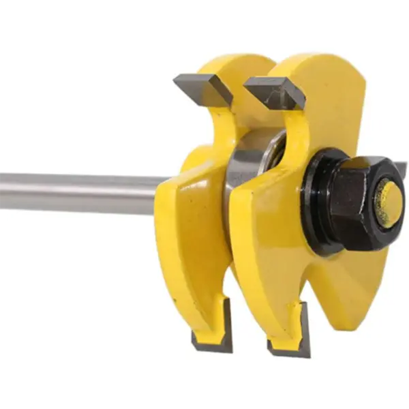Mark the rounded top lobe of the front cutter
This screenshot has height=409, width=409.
click(327, 75)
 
